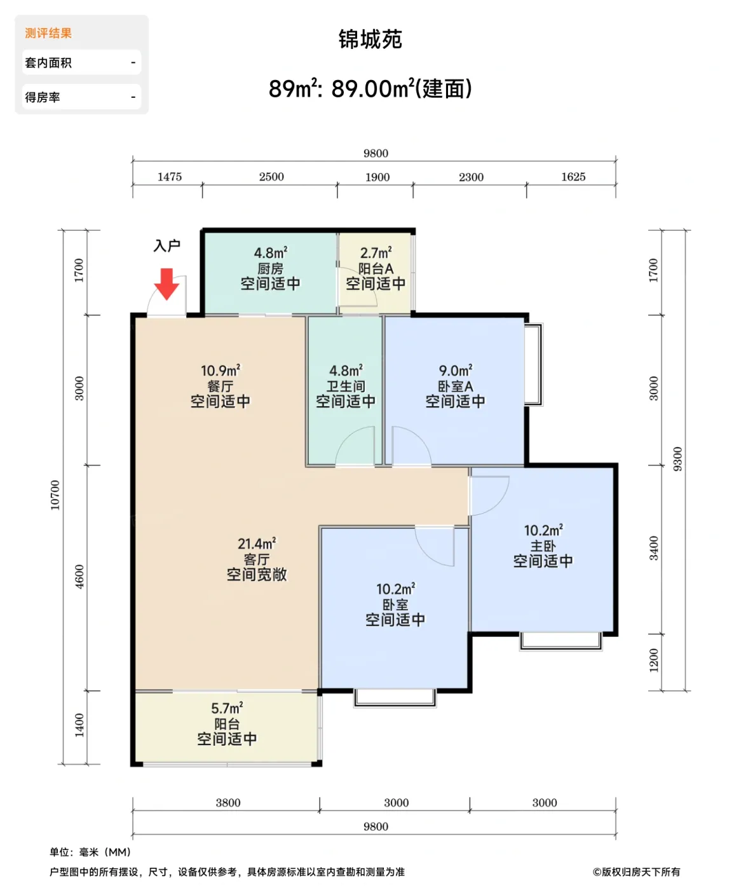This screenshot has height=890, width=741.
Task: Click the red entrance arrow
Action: click(167, 284)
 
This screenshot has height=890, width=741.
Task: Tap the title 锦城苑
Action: click(370, 39)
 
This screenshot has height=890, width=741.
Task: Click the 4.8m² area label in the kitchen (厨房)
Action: click(270, 253)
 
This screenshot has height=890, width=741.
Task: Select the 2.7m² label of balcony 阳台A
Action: click(376, 253)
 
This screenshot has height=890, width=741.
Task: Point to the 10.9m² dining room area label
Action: click(220, 371)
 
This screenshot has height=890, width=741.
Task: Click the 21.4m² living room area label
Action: click(256, 544)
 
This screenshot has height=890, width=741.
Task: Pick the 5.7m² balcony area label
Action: click(227, 708)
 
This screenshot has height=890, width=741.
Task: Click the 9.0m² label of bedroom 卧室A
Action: click(455, 371)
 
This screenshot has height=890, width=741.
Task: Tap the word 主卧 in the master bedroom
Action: click(543, 546)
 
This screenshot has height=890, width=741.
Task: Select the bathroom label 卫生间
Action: click(346, 387)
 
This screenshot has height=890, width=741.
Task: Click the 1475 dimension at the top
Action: click(169, 177)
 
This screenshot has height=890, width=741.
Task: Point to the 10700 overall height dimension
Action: click(55, 495)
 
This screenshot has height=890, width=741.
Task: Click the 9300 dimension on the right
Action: click(677, 459)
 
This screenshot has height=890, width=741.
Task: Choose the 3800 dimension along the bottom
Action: click(228, 803)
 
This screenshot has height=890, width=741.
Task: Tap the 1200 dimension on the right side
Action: click(654, 661)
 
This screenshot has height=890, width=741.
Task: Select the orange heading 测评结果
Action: click(48, 33)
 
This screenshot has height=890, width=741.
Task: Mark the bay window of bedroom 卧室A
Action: click(534, 364)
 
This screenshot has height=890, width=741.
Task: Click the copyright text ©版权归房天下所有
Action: click(636, 872)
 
